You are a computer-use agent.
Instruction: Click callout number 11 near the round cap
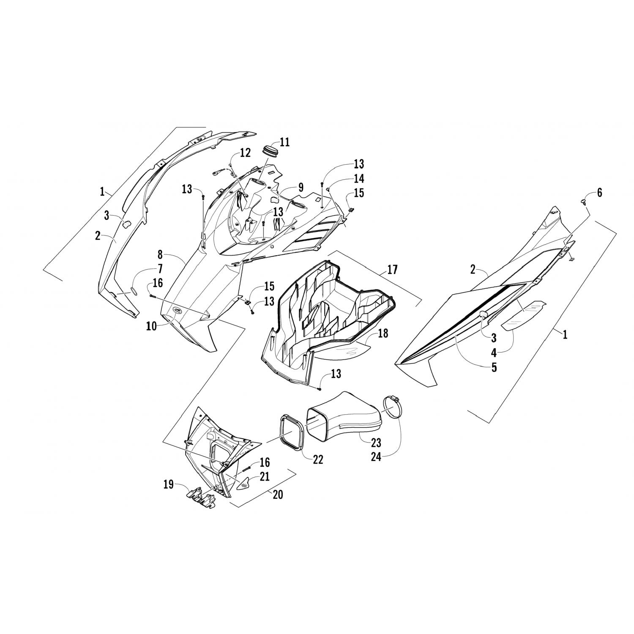(284, 142)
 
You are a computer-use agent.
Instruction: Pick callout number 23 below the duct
(376, 443)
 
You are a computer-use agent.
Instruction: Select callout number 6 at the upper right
(599, 193)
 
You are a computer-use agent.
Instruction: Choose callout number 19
(168, 484)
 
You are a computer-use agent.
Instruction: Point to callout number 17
(392, 269)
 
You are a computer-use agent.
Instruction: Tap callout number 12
(245, 153)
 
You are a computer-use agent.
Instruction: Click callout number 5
(494, 367)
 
